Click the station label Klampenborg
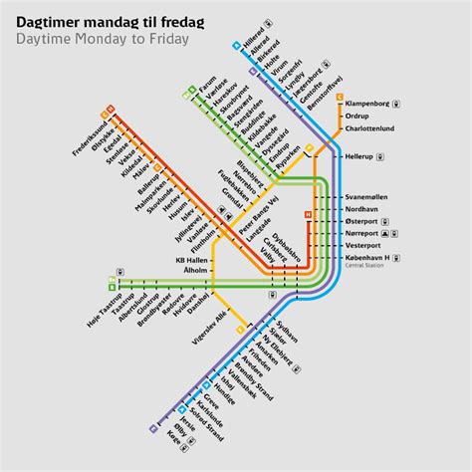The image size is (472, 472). [366, 102]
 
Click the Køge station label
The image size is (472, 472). [177, 440]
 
